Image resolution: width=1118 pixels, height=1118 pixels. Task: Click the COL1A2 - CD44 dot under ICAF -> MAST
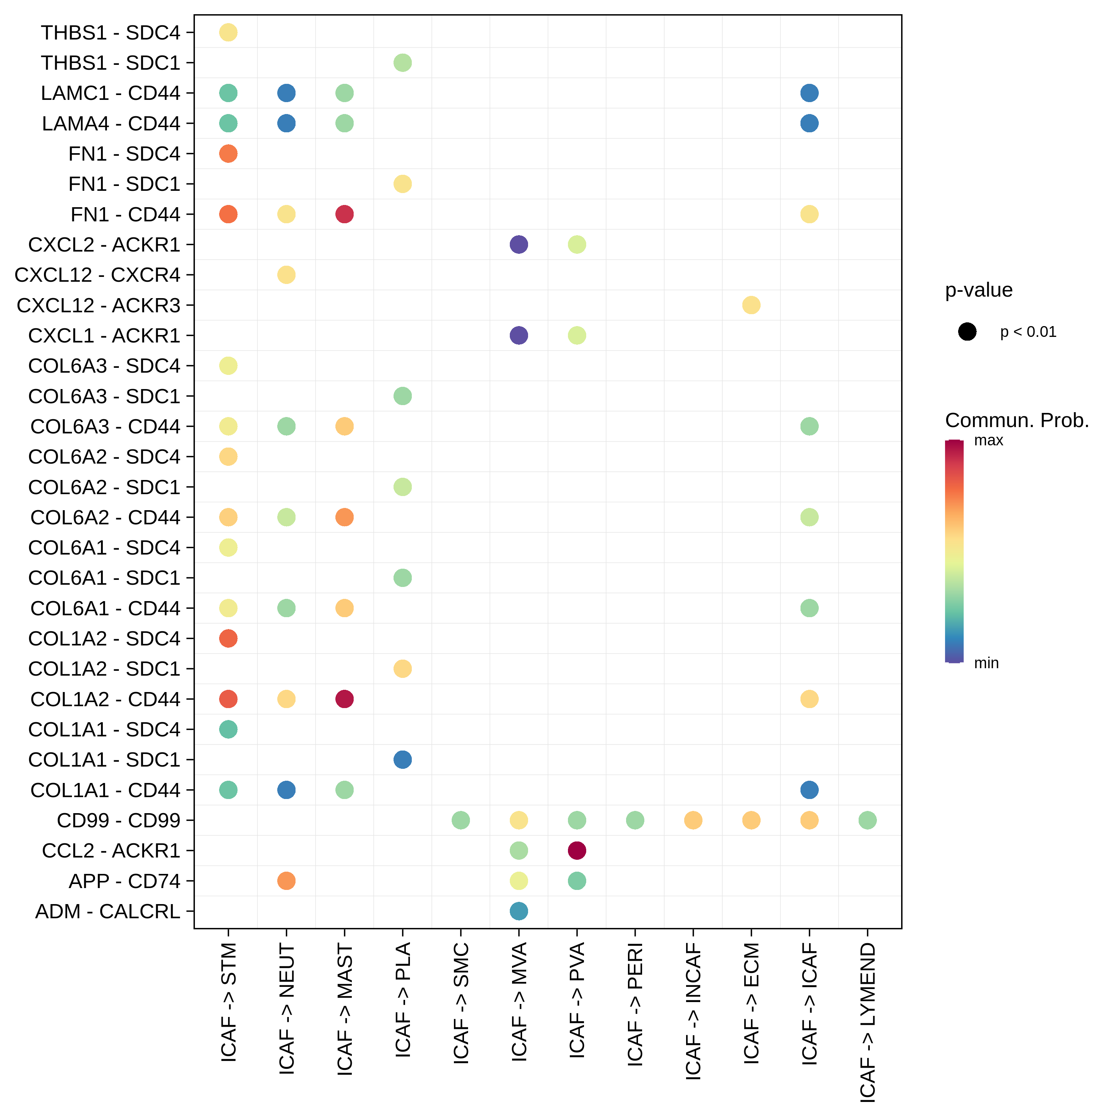coord(344,699)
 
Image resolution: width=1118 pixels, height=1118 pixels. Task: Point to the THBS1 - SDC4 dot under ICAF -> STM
coord(228,32)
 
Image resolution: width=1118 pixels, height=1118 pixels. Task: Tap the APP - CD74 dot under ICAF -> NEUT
coord(287,881)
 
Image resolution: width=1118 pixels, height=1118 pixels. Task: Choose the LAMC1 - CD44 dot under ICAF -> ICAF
coord(809,93)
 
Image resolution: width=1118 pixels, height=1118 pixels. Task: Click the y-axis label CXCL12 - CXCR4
coord(97,275)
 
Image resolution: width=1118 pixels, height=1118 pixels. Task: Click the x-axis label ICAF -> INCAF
coord(693,1010)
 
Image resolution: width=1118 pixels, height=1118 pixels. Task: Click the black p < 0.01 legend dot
coord(967,332)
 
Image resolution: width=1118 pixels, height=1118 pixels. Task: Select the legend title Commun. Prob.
coord(1017,420)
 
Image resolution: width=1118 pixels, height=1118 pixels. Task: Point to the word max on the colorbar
coord(988,440)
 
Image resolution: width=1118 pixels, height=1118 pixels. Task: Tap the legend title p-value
coord(979,290)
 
